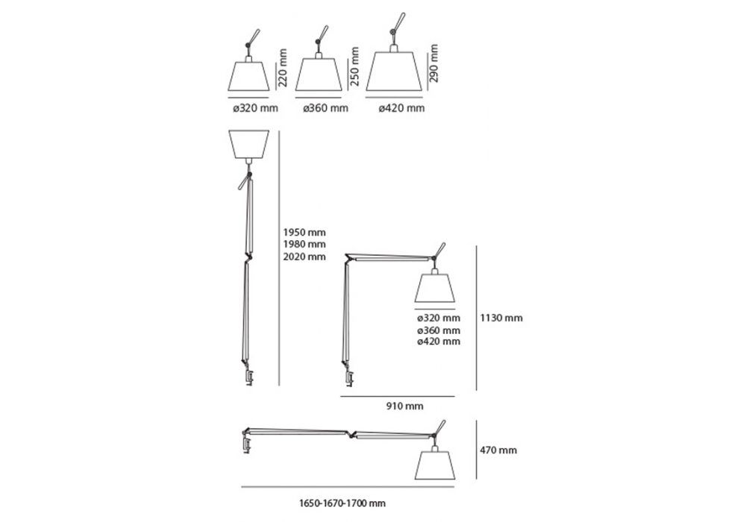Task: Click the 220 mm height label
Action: coord(282,67)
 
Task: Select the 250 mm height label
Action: coord(354,66)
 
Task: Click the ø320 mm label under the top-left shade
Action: coord(255,108)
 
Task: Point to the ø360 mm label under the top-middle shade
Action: coord(326,108)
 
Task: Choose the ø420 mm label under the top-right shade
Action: coord(401,108)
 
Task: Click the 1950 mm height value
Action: coord(304,233)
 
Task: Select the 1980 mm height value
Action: coord(304,245)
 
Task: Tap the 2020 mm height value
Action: coord(304,257)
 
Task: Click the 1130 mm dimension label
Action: coord(501,318)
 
